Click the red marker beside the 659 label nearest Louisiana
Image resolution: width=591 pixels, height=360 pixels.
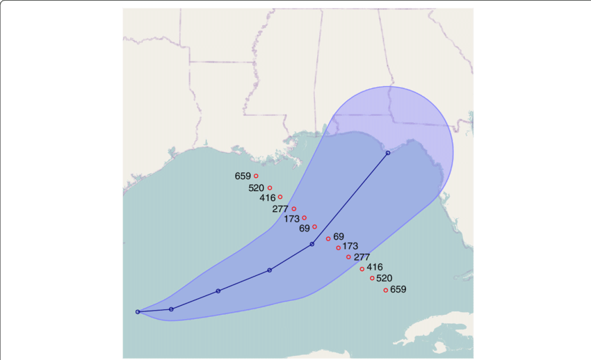[256, 176]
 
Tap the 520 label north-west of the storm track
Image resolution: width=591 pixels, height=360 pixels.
[256, 188]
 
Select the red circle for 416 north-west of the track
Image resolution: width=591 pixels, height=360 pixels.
[280, 197]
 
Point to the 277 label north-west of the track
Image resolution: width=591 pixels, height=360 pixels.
[280, 209]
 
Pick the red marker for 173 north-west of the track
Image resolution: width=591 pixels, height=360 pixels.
[304, 218]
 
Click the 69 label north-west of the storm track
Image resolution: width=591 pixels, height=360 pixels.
[305, 228]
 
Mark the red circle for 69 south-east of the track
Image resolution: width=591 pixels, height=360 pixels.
[328, 239]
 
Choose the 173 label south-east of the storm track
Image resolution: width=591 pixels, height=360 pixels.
[350, 247]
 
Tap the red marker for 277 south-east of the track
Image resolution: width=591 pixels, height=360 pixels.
[348, 257]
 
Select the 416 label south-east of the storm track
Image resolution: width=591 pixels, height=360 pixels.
[375, 267]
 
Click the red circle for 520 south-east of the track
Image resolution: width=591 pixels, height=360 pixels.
[372, 278]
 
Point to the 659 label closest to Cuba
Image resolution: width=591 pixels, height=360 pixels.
[398, 290]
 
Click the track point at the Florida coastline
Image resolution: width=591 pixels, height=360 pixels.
[388, 153]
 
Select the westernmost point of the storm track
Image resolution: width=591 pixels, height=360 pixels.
[138, 311]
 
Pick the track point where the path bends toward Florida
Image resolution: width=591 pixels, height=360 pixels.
[312, 244]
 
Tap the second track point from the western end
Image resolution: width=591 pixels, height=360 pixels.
[171, 309]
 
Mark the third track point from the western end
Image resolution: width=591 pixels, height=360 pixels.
[218, 291]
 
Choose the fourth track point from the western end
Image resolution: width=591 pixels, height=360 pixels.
[269, 270]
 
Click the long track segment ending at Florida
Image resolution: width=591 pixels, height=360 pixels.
[350, 199]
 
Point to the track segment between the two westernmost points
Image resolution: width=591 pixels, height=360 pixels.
[154, 311]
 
